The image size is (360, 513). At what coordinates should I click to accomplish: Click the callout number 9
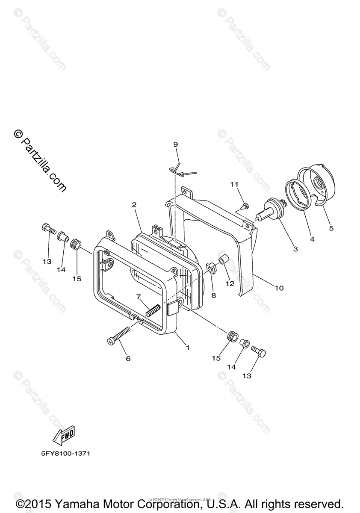click(x=175, y=144)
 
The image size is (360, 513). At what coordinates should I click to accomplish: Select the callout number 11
click(x=233, y=184)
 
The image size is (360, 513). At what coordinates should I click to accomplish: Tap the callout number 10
click(x=279, y=288)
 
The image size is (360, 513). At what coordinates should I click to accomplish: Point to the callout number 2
click(x=134, y=205)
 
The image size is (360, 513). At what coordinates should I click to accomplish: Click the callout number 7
click(x=139, y=297)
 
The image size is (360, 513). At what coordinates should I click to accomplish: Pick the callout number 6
click(x=128, y=358)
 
